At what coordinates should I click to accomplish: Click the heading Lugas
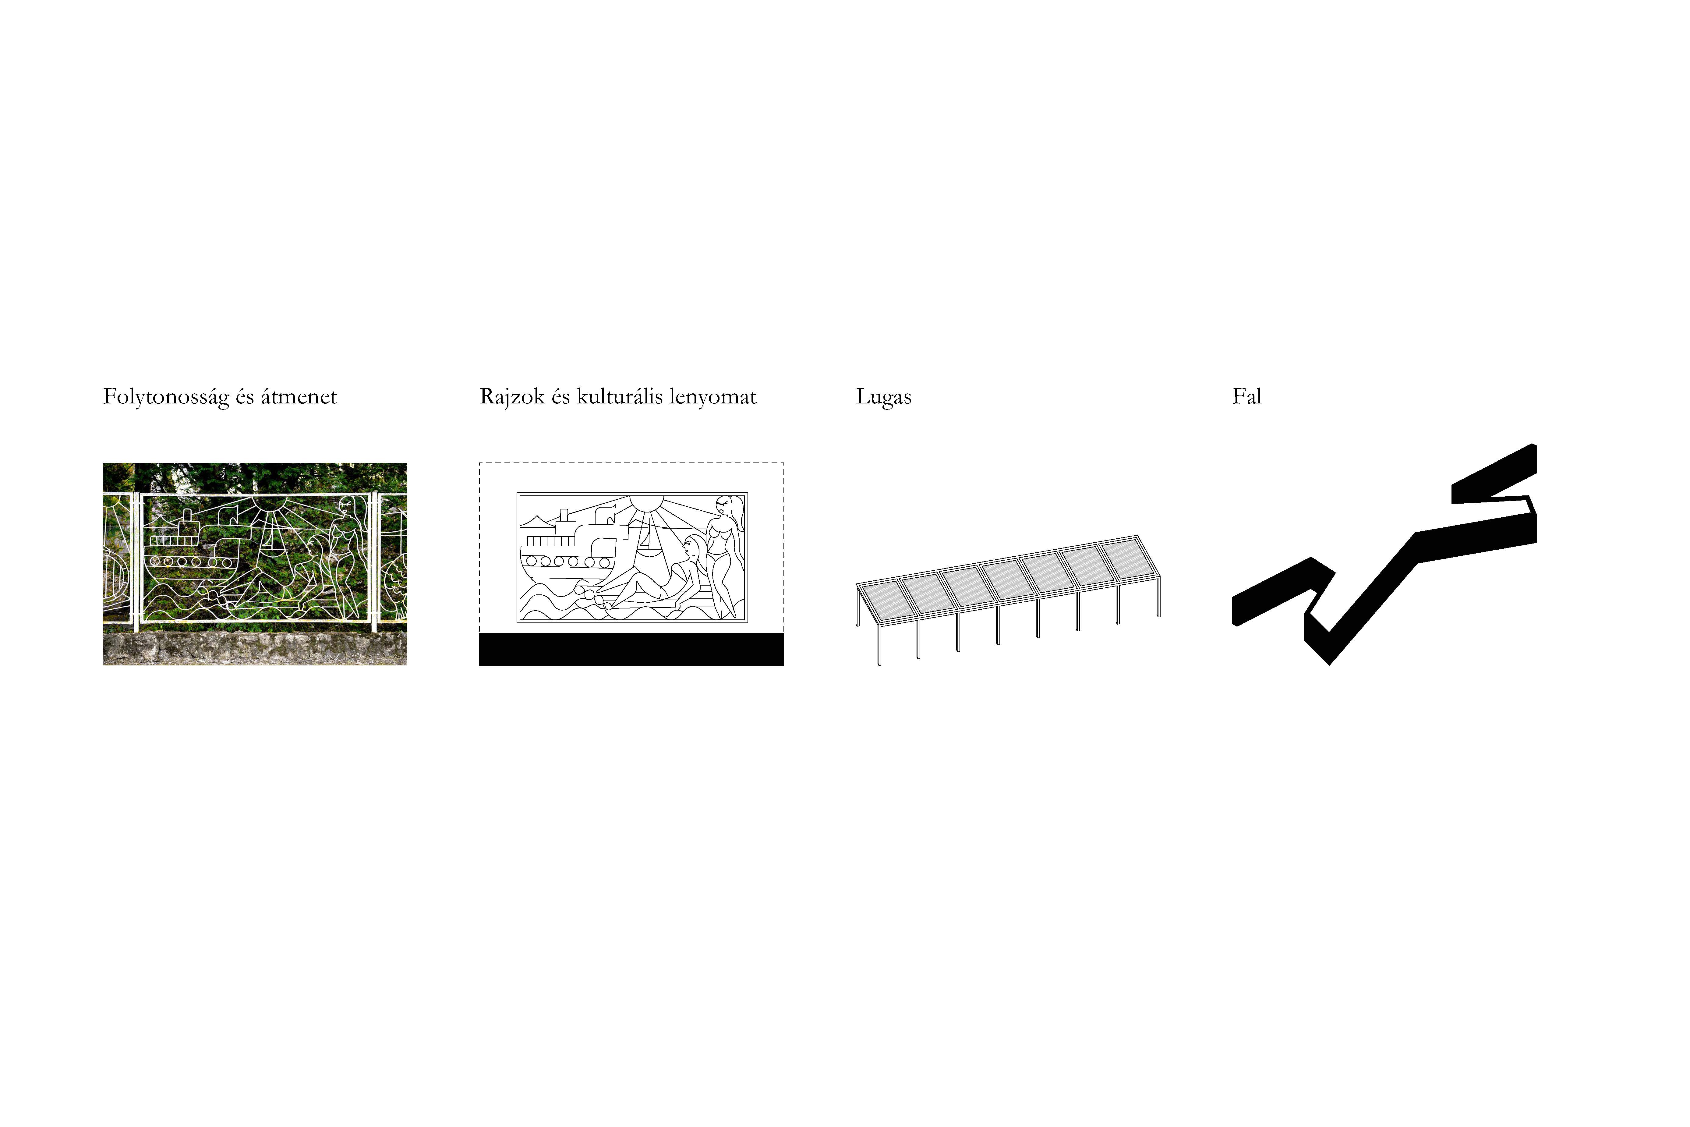pos(884,397)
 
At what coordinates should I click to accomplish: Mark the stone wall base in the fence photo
pos(255,648)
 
